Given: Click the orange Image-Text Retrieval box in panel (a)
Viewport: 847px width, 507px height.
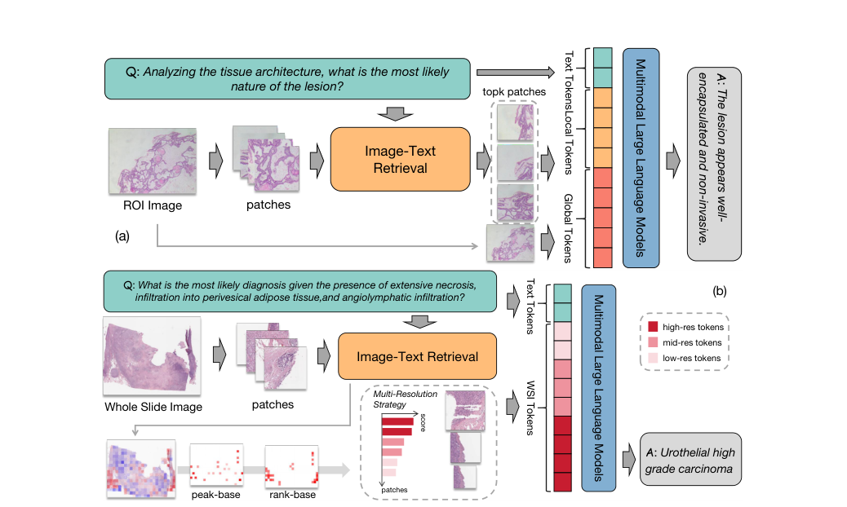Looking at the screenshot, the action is [401, 159].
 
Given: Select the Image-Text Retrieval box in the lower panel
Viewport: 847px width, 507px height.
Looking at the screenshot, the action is [417, 356].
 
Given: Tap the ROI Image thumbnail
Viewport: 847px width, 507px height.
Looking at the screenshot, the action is [153, 161].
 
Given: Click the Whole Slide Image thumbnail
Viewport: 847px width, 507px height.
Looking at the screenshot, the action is [152, 356].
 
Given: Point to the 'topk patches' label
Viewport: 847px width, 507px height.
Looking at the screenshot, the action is [514, 91].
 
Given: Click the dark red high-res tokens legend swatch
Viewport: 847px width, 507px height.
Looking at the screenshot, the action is [653, 327].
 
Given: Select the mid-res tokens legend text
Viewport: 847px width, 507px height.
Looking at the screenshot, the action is [692, 342].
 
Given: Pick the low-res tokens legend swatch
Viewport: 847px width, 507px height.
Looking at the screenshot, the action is [653, 358].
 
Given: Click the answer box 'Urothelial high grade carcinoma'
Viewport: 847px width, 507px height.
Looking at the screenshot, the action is [690, 460].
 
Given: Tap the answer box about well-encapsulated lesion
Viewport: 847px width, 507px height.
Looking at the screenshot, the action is [714, 164].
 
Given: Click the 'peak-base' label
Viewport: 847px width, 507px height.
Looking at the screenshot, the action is [215, 495].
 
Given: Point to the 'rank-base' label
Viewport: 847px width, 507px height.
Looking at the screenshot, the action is [292, 495].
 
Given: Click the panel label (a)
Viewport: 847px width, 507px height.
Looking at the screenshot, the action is [122, 236].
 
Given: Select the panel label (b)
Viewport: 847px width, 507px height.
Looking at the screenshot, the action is [720, 291].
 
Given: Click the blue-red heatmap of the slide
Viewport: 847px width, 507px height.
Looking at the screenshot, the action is [141, 469].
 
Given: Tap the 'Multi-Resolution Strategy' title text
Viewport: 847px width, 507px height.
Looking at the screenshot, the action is [405, 399].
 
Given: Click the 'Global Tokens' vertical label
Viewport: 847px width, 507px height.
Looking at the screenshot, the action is [568, 228].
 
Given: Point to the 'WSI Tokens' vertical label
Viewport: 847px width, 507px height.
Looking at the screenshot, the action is [530, 408].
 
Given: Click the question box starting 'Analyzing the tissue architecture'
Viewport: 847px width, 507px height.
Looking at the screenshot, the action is [287, 79].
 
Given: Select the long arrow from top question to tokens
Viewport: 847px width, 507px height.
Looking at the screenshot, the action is [516, 73].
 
